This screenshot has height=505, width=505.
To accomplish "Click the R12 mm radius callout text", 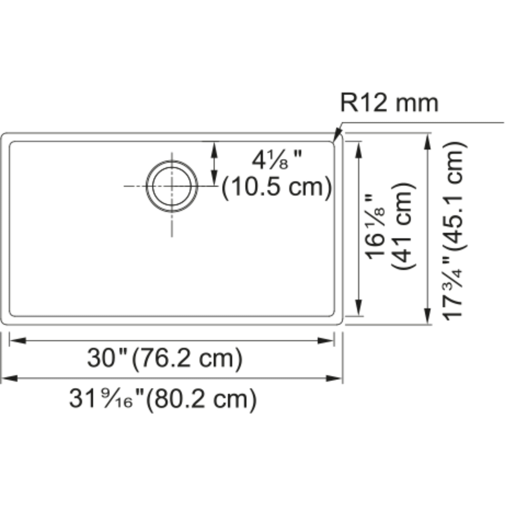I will (389, 104).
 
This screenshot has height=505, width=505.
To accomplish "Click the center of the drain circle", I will (172, 186).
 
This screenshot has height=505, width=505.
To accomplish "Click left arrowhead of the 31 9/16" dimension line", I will (9, 378).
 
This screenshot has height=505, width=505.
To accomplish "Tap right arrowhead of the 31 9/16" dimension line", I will (334, 378).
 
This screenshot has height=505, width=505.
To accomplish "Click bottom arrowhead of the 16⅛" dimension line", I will (359, 308).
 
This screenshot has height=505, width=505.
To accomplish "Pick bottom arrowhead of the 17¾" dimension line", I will (427, 316).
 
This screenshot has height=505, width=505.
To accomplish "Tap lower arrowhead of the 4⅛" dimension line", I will (214, 178).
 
